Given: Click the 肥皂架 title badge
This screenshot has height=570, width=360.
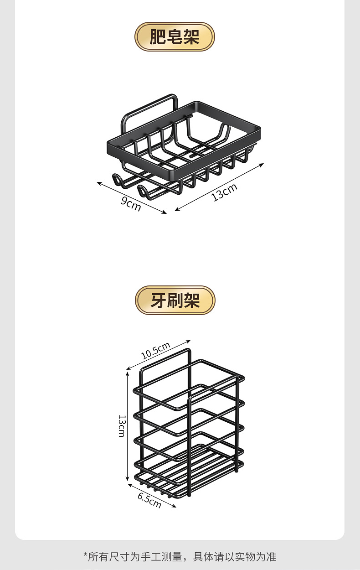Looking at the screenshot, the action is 175,37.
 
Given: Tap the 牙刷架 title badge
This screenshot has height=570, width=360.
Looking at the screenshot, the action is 175,301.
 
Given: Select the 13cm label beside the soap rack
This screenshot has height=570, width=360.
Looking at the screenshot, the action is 225,192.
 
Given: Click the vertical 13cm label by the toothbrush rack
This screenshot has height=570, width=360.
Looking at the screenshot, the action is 121,425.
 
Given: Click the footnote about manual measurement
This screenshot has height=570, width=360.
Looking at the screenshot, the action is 180,556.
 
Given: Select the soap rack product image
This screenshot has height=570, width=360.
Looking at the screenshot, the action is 182,146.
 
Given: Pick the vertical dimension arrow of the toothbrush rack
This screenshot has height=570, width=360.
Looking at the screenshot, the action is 128,425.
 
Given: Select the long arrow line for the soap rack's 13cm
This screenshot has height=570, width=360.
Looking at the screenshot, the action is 219,187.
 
